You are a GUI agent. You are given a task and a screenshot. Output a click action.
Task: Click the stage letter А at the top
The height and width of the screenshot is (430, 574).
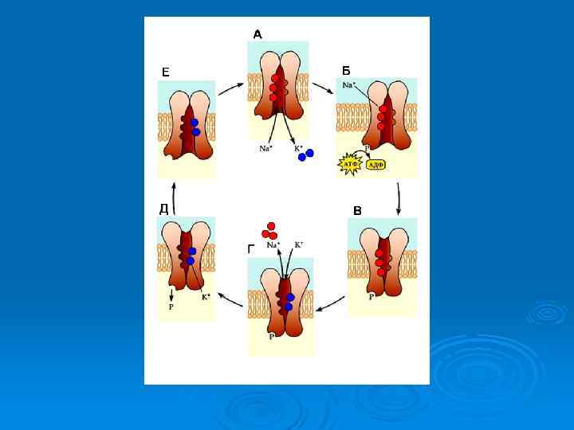[258, 34]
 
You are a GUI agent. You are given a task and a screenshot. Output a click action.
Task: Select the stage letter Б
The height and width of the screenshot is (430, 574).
[346, 71]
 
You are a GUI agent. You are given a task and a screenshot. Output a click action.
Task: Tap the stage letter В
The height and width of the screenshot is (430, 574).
[357, 211]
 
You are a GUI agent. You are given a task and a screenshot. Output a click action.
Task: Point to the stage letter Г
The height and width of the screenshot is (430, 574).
[252, 248]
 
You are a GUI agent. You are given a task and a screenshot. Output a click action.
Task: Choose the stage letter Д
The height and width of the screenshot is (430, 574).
[163, 209]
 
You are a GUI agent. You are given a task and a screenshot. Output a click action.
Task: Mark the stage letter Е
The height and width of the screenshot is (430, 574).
[165, 72]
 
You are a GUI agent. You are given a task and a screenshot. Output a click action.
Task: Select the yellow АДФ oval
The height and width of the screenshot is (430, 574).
[375, 165]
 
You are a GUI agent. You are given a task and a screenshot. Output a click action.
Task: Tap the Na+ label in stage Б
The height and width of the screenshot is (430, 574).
[349, 84]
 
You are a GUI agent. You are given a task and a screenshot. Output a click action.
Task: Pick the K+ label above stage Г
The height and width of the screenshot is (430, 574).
[299, 244]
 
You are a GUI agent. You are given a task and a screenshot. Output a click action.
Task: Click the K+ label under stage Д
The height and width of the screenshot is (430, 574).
[205, 297]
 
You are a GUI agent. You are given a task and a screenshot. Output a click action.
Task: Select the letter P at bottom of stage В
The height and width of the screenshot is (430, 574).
[372, 296]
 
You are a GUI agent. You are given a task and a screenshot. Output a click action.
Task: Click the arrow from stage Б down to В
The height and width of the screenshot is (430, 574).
[399, 195]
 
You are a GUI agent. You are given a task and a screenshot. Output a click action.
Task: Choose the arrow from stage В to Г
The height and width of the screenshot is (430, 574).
[331, 303]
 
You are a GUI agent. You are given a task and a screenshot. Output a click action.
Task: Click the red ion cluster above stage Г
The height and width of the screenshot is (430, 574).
[272, 231]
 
